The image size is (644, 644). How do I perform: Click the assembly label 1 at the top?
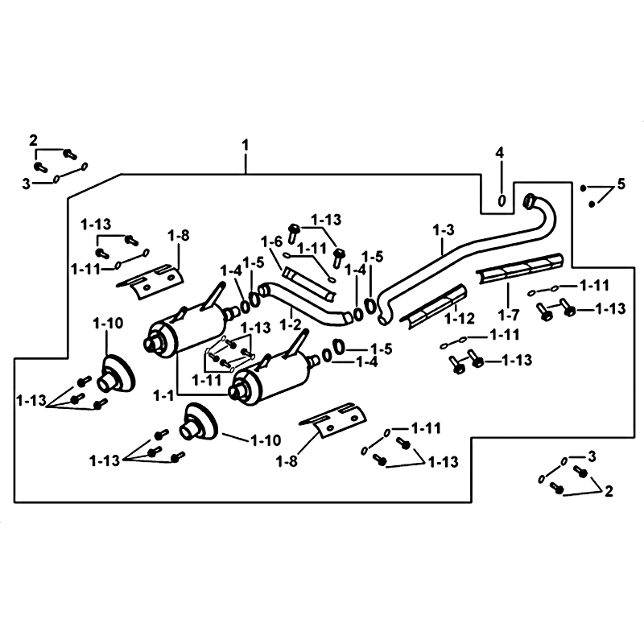246,145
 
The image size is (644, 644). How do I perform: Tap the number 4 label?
500,152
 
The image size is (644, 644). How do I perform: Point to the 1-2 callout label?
291,324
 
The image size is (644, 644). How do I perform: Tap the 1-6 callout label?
272,242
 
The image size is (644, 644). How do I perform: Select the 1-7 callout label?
505,314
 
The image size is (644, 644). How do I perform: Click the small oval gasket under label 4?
502,200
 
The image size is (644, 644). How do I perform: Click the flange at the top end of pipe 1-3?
530,199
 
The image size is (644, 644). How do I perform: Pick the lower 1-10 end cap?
195,422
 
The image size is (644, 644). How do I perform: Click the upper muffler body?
189,330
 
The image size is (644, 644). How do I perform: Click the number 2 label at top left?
34,140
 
